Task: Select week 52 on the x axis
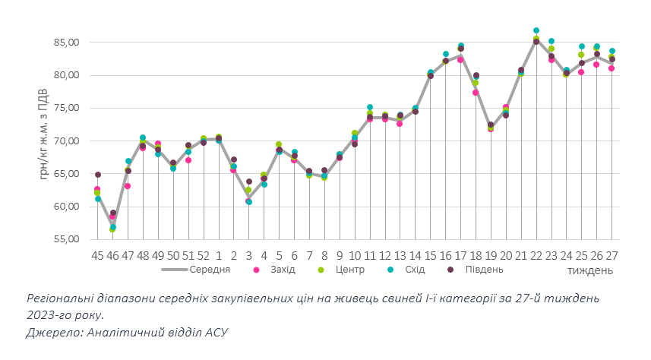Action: [x=203, y=255]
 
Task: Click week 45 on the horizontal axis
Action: [x=97, y=255]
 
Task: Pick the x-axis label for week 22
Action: [x=536, y=255]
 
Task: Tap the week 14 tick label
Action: [x=415, y=255]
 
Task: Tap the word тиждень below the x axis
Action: [x=589, y=270]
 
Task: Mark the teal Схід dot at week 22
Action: [x=536, y=30]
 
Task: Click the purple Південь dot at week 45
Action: [x=97, y=175]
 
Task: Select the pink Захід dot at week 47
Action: [x=128, y=186]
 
